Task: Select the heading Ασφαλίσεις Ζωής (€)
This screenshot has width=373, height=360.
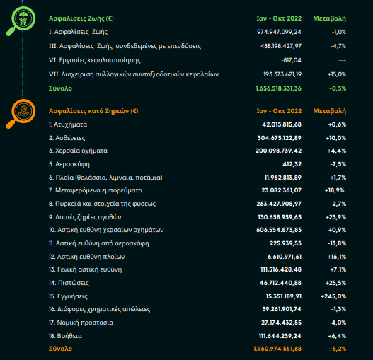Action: (81, 18)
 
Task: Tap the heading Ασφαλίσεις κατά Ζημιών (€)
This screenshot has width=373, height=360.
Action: (93, 111)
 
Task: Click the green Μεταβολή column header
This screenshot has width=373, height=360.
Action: (329, 18)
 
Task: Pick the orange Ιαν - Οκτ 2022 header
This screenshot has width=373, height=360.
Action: (279, 111)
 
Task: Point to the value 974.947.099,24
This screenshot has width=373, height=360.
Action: (279, 32)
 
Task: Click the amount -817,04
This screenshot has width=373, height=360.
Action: (291, 60)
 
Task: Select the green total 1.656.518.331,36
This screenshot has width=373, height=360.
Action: (279, 88)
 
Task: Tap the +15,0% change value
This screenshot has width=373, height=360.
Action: (337, 74)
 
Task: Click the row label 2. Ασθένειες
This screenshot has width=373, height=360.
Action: (67, 138)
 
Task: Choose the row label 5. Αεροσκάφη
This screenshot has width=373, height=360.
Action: (69, 164)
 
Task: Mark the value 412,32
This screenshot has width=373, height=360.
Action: (292, 164)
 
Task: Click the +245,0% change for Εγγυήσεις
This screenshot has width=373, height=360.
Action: (333, 296)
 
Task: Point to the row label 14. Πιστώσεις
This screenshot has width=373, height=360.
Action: (69, 283)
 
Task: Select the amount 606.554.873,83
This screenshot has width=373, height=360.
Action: (279, 230)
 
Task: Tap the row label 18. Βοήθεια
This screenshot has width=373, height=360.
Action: (65, 336)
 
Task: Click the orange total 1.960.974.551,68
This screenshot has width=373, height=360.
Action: (277, 349)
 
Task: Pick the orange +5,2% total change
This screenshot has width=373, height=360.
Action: (338, 349)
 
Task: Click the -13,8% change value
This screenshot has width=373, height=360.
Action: (337, 243)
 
